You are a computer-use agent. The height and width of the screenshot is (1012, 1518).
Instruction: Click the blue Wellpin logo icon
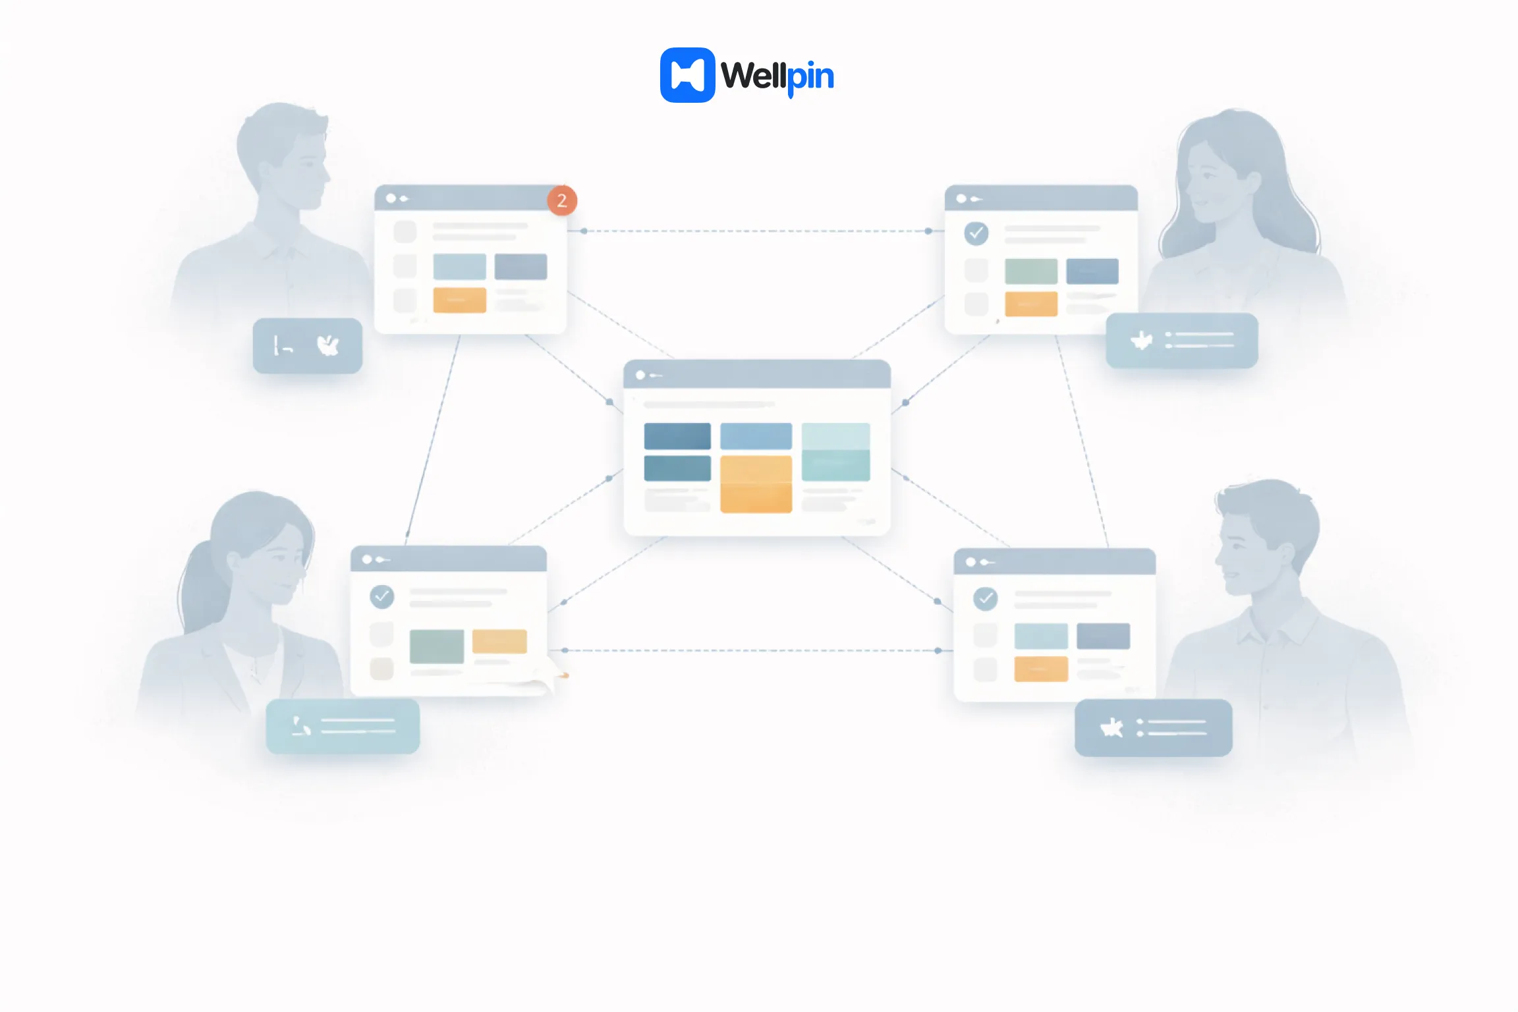coord(687,75)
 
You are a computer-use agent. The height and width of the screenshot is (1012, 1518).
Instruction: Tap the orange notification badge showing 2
coord(562,200)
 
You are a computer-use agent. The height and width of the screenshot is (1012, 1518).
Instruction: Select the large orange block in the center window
coord(756,484)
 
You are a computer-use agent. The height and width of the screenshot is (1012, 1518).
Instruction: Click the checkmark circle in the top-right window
coord(976,233)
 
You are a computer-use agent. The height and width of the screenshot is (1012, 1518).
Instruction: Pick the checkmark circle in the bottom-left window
coord(382,597)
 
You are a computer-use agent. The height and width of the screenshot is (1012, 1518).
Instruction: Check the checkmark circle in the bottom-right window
coord(985,598)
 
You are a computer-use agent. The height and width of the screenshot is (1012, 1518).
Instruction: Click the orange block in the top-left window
coord(459,300)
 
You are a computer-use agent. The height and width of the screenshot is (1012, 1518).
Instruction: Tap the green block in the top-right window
coord(1030,271)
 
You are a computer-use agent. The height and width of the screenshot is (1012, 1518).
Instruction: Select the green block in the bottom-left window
coord(436,646)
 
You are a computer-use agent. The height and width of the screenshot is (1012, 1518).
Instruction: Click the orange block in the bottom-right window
coord(1040,669)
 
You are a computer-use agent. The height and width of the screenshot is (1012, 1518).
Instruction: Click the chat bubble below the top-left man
coord(307,346)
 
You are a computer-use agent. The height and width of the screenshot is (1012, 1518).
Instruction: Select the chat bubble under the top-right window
coord(1181,341)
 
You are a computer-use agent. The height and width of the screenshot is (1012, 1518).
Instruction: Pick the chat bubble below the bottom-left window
coord(343,726)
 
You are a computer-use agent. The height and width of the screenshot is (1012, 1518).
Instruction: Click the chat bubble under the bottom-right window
coord(1153,727)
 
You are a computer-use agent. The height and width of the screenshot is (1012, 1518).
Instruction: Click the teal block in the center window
coord(835,452)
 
